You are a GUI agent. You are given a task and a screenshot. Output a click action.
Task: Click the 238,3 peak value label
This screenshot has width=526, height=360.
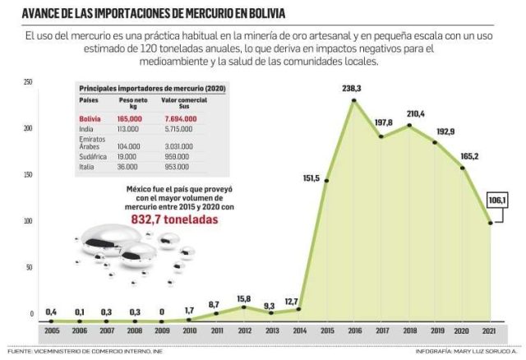[354, 85]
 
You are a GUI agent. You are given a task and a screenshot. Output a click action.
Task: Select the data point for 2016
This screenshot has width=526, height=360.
[353, 100]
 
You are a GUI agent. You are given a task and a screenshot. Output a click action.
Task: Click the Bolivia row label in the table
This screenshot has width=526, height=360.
[90, 119]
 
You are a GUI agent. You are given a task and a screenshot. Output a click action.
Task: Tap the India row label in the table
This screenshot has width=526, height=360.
[85, 130]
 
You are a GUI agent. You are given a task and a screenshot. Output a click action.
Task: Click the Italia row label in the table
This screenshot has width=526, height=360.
[86, 167]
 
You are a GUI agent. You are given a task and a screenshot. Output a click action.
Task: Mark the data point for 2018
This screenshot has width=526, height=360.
[408, 125]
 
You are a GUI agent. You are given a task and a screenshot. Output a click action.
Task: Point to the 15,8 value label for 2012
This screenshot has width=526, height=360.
[244, 298]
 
